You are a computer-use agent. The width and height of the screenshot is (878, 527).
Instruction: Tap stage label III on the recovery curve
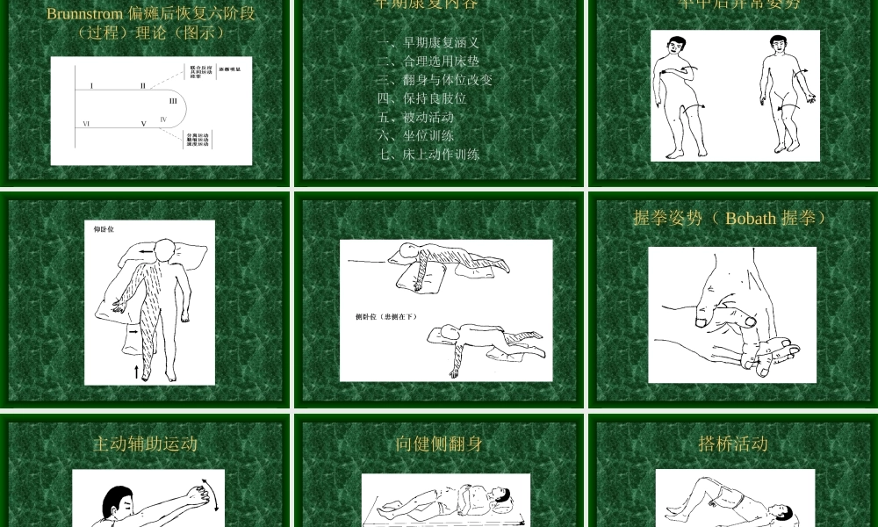[173, 101]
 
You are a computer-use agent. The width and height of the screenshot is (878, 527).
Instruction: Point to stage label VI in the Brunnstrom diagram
[86, 124]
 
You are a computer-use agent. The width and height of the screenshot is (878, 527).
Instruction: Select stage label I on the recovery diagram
[91, 86]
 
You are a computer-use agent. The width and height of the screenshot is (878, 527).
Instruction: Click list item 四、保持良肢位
[422, 98]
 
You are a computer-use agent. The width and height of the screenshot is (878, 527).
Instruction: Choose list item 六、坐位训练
[416, 135]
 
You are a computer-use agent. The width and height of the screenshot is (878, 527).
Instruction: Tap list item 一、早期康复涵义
[428, 43]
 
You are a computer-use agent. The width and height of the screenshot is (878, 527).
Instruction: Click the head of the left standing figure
[675, 46]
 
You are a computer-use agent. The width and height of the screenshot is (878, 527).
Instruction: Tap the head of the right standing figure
[778, 44]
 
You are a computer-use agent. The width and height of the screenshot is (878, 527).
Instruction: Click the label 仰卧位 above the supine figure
[104, 229]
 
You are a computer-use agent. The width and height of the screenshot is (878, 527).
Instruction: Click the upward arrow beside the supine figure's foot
[136, 371]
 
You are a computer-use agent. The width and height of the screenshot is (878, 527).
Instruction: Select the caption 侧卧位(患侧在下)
[380, 316]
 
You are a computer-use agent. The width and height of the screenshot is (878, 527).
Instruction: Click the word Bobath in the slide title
[750, 218]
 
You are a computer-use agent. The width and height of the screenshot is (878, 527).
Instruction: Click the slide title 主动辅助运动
[145, 444]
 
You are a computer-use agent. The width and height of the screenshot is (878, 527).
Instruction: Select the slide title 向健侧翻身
[439, 444]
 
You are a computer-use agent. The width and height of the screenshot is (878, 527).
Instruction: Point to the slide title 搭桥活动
[733, 444]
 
